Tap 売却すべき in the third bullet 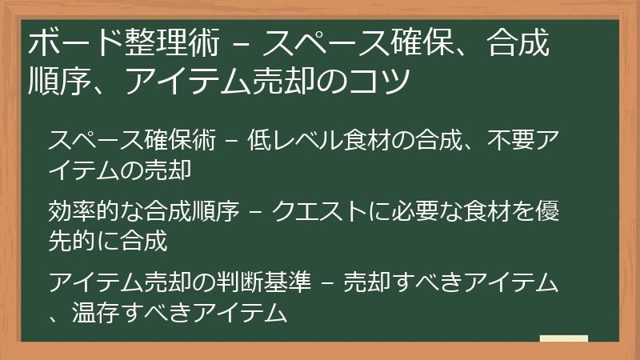tap(394, 283)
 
